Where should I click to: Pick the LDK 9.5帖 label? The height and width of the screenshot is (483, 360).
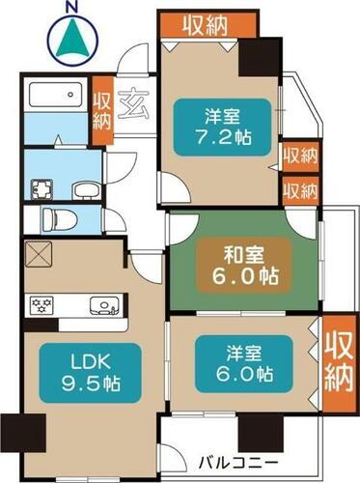(84, 372)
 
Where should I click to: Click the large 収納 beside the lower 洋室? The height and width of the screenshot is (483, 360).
(337, 357)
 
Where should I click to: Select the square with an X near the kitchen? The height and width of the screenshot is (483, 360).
(41, 256)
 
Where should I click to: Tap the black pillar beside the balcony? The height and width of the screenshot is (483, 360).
(254, 432)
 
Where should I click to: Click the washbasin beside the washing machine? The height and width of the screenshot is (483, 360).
(83, 187)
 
